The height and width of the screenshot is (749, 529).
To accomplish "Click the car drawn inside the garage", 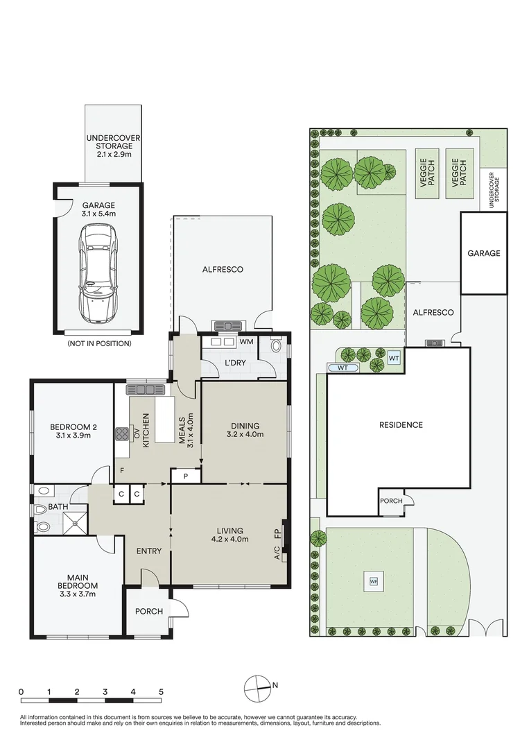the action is (98, 273).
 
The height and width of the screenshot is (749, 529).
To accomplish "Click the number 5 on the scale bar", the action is (161, 691).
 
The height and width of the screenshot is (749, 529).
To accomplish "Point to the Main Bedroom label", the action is (78, 585).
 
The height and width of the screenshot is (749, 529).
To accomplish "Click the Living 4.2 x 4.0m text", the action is (230, 535).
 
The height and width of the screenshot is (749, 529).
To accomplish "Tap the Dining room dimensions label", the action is (245, 434).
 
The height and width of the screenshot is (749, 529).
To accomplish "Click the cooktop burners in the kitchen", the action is (122, 433).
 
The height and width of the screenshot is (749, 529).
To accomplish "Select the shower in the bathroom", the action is (76, 523).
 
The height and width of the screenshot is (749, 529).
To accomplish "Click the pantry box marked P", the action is (186, 476).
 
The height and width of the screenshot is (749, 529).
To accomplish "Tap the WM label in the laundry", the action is (246, 341).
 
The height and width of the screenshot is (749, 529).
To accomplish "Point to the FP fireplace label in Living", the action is (277, 533).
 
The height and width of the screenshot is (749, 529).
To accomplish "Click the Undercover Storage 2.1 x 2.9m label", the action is (113, 146).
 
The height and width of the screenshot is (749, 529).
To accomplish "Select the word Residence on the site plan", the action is (401, 424).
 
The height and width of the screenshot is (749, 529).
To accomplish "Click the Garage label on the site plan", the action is (484, 253).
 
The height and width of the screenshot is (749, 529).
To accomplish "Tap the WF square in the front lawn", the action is (374, 582).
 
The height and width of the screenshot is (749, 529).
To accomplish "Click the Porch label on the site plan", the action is (391, 501).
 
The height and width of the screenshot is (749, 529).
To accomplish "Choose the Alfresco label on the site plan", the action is (433, 312).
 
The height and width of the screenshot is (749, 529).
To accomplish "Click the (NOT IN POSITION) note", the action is (99, 343).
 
